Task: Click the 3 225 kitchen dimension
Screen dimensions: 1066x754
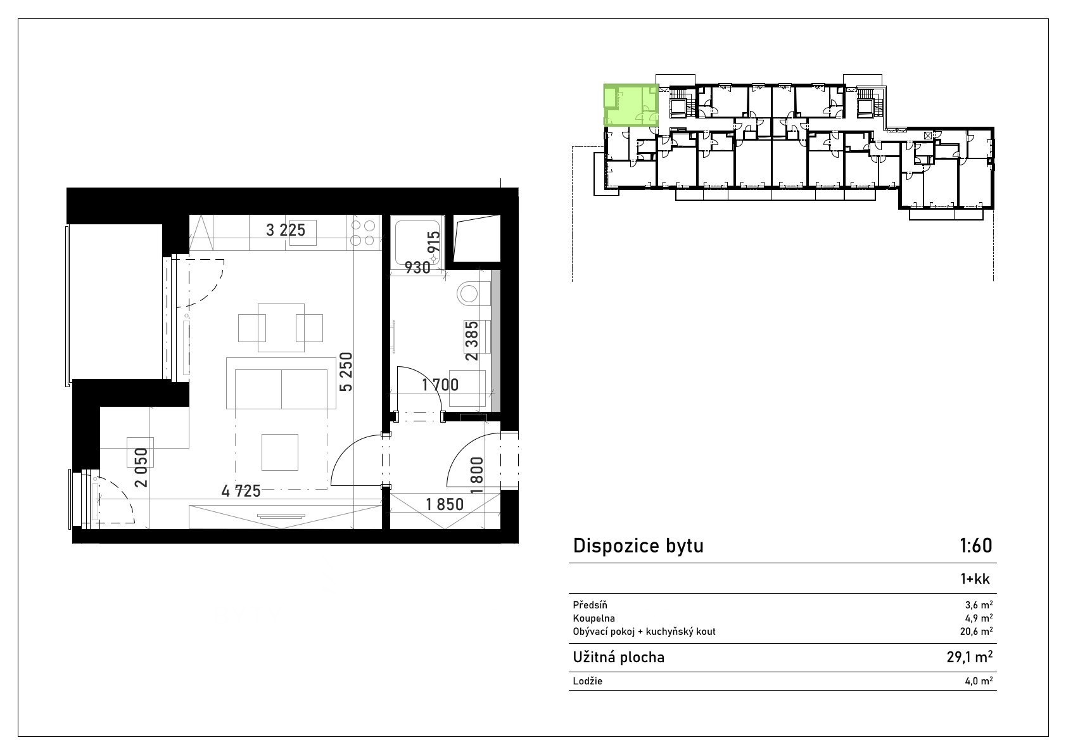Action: pyautogui.click(x=286, y=230)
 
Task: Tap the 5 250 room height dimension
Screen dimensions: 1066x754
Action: pyautogui.click(x=346, y=372)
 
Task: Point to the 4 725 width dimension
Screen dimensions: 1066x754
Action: pyautogui.click(x=241, y=491)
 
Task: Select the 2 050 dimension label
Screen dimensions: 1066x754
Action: pyautogui.click(x=141, y=468)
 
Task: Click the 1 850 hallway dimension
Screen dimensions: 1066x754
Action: pyautogui.click(x=445, y=504)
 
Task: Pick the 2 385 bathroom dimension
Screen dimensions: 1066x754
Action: pyautogui.click(x=472, y=341)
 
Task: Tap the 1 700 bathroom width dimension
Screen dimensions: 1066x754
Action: pyautogui.click(x=440, y=385)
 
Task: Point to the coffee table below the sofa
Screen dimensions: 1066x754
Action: pyautogui.click(x=280, y=452)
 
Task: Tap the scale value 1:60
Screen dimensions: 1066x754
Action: pyautogui.click(x=975, y=546)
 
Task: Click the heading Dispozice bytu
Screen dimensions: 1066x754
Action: pyautogui.click(x=638, y=546)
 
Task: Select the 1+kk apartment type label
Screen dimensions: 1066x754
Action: pyautogui.click(x=975, y=579)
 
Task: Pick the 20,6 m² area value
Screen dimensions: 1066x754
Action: pyautogui.click(x=975, y=631)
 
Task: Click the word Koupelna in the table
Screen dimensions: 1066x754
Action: pyautogui.click(x=594, y=618)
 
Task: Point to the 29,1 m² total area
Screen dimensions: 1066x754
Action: pyautogui.click(x=969, y=657)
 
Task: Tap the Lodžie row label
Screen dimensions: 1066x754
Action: pyautogui.click(x=588, y=681)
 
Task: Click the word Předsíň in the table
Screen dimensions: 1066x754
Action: pyautogui.click(x=590, y=605)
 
